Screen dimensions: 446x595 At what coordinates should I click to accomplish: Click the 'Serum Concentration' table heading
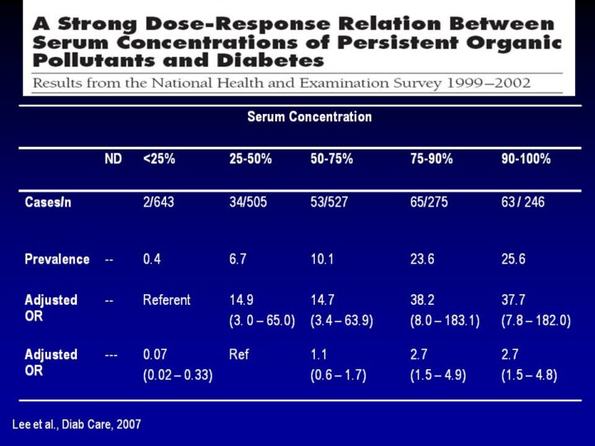309,116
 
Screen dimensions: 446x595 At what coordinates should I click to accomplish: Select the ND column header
112,159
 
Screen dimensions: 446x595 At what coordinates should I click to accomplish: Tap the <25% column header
159,159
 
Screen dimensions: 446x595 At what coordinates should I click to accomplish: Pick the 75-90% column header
431,159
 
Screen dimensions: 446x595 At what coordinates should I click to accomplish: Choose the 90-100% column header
526,159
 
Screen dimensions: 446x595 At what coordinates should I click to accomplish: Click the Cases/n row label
48,202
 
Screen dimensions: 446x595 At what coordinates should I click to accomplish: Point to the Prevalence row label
57,259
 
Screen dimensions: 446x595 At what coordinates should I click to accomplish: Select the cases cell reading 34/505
248,202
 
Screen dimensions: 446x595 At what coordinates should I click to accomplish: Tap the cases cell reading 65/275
429,202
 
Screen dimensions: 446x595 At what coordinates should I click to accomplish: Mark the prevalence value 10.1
323,259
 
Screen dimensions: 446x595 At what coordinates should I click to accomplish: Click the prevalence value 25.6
514,259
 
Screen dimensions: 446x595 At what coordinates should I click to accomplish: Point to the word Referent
166,301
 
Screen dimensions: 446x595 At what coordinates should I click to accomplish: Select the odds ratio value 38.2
422,301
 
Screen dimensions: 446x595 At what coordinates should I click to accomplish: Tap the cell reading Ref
239,355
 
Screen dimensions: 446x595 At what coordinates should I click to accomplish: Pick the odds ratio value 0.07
155,355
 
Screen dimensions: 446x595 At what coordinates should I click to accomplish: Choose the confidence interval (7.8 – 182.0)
535,320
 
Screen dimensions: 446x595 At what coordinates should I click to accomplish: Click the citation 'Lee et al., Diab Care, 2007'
77,424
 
